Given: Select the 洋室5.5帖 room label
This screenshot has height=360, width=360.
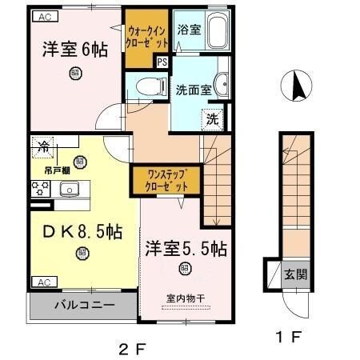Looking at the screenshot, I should (x=186, y=249).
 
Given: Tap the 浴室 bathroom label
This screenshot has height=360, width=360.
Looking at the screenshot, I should (x=190, y=30).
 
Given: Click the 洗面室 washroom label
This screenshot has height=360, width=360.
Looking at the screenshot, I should (x=193, y=90).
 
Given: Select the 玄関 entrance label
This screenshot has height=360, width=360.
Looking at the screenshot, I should (x=295, y=274).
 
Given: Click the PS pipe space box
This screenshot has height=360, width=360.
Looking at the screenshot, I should (x=162, y=62).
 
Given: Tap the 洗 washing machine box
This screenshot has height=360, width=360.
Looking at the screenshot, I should (x=211, y=120).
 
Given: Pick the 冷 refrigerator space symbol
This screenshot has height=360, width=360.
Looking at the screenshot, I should (x=45, y=146).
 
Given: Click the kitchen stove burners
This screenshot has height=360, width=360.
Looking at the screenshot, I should (x=38, y=190).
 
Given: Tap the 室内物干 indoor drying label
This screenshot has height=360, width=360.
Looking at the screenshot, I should (x=186, y=298).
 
